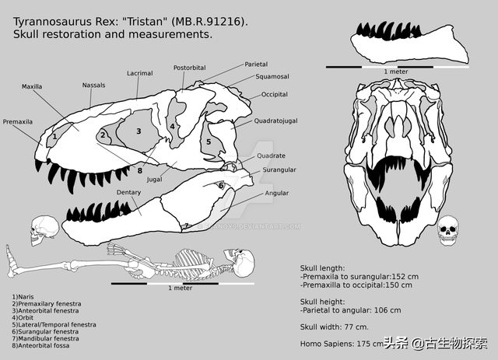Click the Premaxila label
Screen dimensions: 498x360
(18, 122)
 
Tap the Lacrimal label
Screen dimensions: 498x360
(139, 74)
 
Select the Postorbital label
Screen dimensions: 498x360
(189, 68)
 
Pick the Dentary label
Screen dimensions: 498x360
(128, 192)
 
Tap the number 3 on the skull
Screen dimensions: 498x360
(139, 131)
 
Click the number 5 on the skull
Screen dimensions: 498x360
(208, 142)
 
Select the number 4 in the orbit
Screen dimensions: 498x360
(172, 127)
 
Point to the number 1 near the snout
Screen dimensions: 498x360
(54, 137)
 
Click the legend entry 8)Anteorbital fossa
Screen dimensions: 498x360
(49, 346)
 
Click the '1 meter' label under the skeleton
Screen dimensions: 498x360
(181, 288)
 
